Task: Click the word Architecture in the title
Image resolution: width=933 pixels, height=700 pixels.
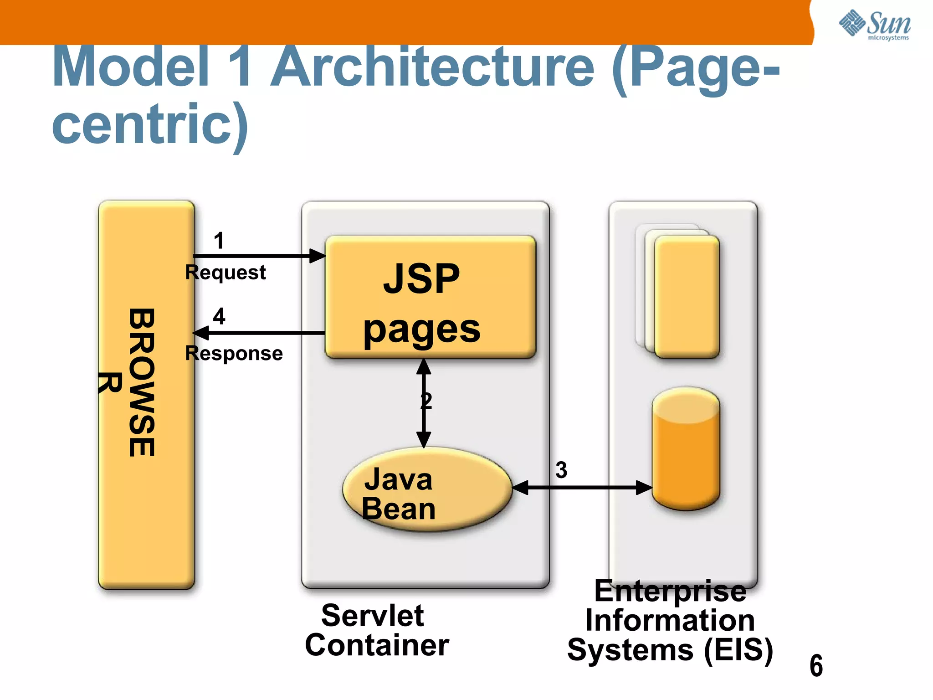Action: click(433, 67)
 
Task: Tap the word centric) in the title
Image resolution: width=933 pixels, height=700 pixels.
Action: click(150, 124)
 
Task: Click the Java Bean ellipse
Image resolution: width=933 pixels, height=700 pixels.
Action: click(427, 490)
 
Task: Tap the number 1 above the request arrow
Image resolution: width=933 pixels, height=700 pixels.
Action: click(219, 241)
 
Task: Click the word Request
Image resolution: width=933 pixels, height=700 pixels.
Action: click(225, 273)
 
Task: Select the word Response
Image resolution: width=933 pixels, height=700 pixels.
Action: click(234, 353)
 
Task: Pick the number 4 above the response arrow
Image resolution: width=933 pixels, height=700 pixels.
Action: click(219, 316)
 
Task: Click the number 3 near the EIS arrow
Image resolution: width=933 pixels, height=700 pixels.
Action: click(561, 470)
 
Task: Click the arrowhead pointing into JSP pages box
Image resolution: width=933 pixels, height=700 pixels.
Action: click(318, 256)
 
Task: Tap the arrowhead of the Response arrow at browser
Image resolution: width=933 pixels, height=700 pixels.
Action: click(201, 333)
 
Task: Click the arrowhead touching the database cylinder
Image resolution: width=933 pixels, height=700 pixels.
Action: click(644, 488)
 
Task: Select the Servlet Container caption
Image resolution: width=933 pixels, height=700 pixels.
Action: click(377, 630)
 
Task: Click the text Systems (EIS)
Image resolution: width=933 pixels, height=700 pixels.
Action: click(670, 650)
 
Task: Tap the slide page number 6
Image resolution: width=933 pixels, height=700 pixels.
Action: click(816, 666)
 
